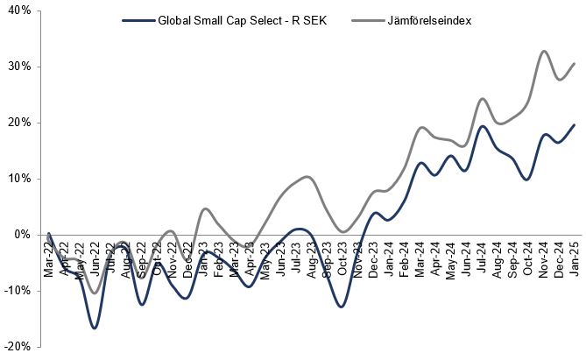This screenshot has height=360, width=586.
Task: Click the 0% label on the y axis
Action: pyautogui.click(x=21, y=235)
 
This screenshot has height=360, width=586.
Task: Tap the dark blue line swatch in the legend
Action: pyautogui.click(x=139, y=21)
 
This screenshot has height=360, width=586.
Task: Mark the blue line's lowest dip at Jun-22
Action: pyautogui.click(x=94, y=328)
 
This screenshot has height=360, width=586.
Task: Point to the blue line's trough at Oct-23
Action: pyautogui.click(x=341, y=307)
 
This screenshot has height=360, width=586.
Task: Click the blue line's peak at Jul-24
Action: pyautogui.click(x=482, y=126)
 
